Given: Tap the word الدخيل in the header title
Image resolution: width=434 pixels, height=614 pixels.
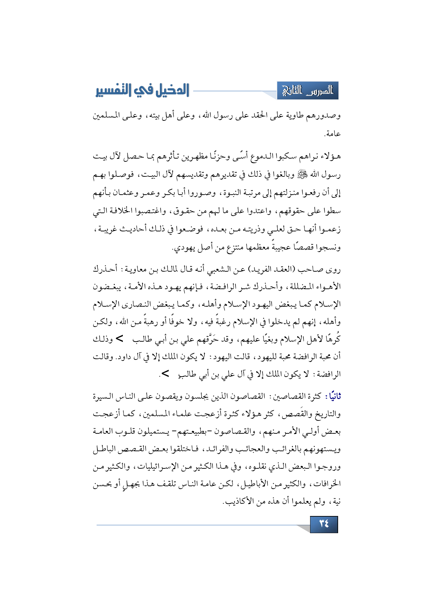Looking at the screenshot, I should (x=171, y=91).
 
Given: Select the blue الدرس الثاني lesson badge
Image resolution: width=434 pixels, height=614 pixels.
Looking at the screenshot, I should (x=308, y=91).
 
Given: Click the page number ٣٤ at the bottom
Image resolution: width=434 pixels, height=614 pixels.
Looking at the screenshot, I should (x=324, y=524).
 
